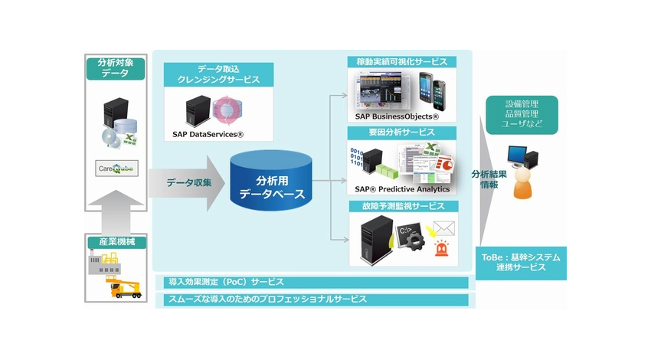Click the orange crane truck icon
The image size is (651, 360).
point(126,286)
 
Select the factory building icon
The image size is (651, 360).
point(104,263)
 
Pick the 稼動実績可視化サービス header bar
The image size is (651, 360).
point(401,61)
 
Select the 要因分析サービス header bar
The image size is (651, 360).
point(401,133)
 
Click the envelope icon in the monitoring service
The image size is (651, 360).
point(443,227)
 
